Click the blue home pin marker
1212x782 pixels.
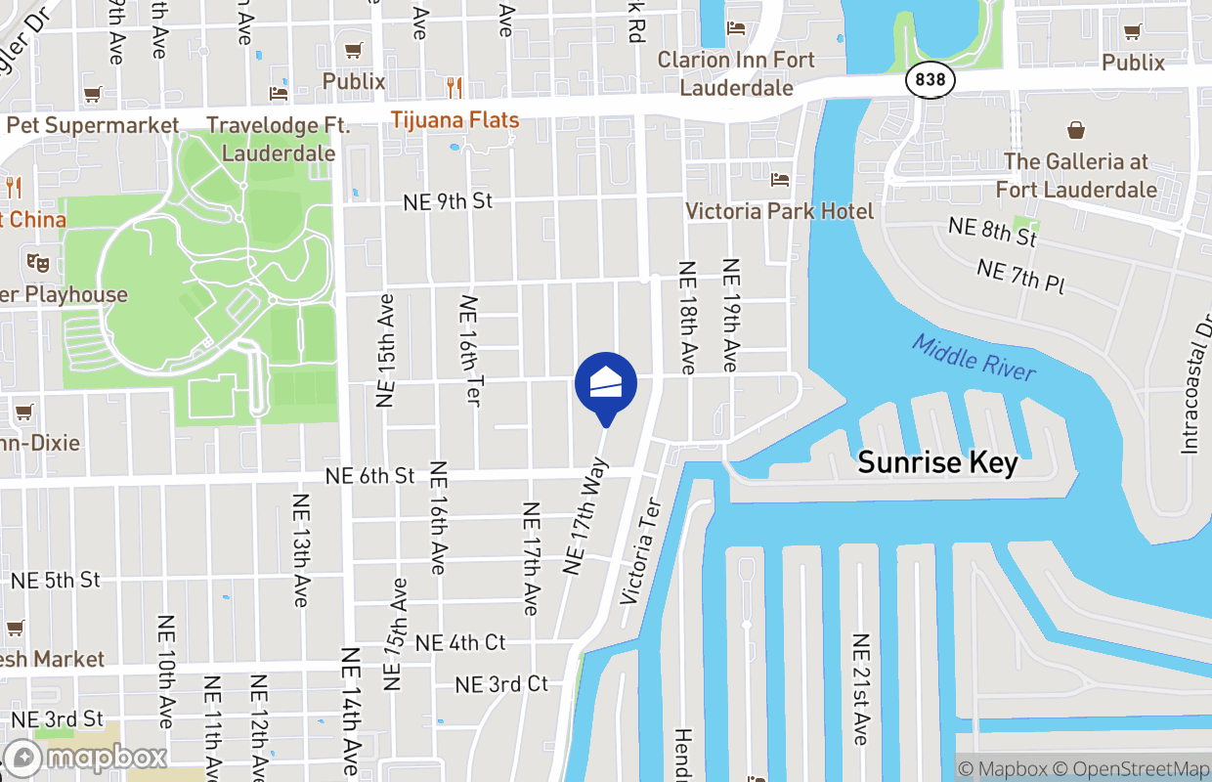click(x=606, y=384)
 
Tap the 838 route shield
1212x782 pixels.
click(x=930, y=79)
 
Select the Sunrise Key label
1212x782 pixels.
click(x=937, y=462)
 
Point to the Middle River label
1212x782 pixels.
click(x=974, y=357)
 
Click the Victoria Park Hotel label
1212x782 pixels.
click(x=779, y=211)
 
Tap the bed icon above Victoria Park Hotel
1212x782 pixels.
click(x=779, y=179)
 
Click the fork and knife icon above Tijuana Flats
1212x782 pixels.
click(x=454, y=88)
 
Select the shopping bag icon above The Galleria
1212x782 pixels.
click(x=1075, y=130)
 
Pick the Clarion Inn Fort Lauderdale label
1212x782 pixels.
click(x=736, y=73)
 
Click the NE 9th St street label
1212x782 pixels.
click(x=448, y=201)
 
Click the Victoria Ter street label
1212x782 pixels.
click(x=641, y=551)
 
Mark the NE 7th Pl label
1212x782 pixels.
click(x=1020, y=278)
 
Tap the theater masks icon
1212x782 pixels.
click(x=38, y=262)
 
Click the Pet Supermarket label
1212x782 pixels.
click(x=93, y=125)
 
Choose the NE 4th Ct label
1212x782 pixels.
click(x=460, y=642)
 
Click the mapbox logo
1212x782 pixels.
click(x=86, y=758)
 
